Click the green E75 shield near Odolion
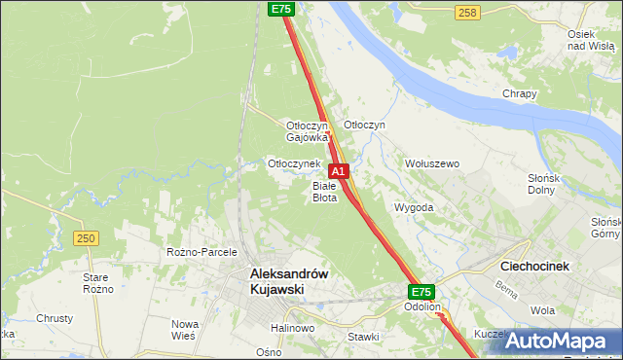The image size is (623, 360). tap(421, 291)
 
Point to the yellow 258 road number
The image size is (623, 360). tap(466, 12)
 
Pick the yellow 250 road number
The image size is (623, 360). tap(86, 237)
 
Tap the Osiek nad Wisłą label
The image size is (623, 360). tap(589, 39)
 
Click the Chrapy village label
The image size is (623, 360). tap(520, 93)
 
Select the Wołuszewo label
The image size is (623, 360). tap(431, 163)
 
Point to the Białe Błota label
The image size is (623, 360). tap(324, 191)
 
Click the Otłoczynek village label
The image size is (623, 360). tap(294, 163)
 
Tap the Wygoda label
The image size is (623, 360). tap(414, 208)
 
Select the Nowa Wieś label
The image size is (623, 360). tap(185, 329)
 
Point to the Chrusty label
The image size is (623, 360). tap(55, 318)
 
